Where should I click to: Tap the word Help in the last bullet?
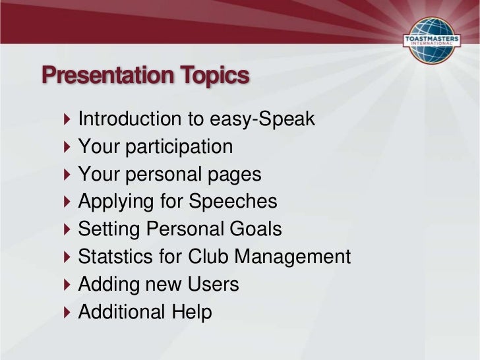[x=193, y=312]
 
